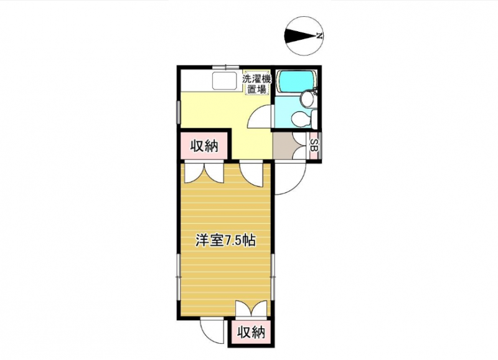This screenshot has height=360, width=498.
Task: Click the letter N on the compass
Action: pyautogui.click(x=319, y=36)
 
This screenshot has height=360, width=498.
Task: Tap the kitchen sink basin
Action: pyautogui.click(x=225, y=81)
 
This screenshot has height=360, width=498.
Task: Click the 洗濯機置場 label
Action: pyautogui.click(x=256, y=84)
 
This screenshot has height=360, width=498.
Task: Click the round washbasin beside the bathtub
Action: pyautogui.click(x=308, y=99)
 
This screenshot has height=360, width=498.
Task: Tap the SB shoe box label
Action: pyautogui.click(x=314, y=145)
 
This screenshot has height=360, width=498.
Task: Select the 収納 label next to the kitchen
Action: pyautogui.click(x=205, y=146)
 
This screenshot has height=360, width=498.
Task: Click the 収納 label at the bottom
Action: pyautogui.click(x=251, y=333)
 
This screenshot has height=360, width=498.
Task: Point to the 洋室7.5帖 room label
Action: pyautogui.click(x=225, y=240)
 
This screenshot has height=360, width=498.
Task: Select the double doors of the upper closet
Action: pyautogui.click(x=205, y=173)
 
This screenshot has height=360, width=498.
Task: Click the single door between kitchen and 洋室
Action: pyautogui.click(x=251, y=174)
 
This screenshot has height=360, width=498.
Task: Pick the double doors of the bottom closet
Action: pyautogui.click(x=251, y=309)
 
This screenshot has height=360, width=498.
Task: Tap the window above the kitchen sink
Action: pyautogui.click(x=225, y=67)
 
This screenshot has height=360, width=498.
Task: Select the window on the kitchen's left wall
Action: pyautogui.click(x=178, y=112)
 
